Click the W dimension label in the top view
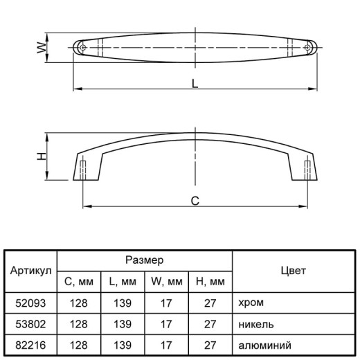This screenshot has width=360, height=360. pos(42,48)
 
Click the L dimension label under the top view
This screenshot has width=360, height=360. pos(195,84)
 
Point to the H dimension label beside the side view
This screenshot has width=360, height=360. pos(42,156)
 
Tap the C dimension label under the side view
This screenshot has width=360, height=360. pos(195,201)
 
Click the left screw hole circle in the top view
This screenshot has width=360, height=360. pos(82,48)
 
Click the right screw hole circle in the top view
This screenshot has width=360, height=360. pos(307,48)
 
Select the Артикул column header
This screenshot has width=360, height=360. pos(30,271)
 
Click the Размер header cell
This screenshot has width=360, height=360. pos(145,260)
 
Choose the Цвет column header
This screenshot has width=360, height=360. pos(294,271)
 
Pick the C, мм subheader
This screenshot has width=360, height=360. pos(79,282)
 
